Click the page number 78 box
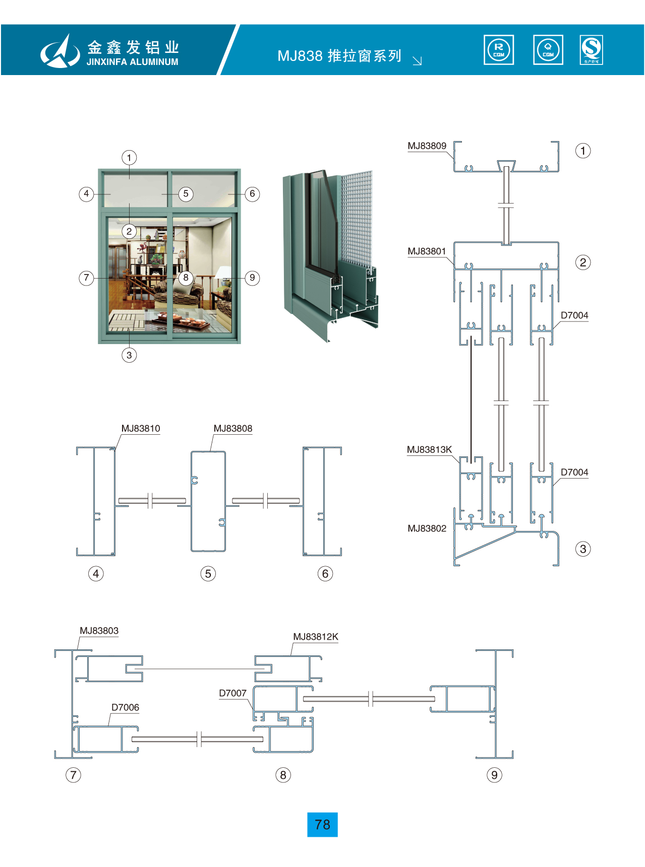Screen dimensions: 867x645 pyautogui.click(x=322, y=824)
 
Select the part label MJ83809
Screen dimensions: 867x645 pyautogui.click(x=427, y=146)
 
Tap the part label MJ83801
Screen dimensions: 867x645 pyautogui.click(x=427, y=251)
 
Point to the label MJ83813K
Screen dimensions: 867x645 pyautogui.click(x=429, y=449)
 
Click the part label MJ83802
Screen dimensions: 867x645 pyautogui.click(x=427, y=528)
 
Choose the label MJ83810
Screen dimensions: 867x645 pyautogui.click(x=141, y=429)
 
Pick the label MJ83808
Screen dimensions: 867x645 pyautogui.click(x=232, y=429)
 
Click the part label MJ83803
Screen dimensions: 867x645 pyautogui.click(x=99, y=631)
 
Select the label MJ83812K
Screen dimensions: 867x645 pyautogui.click(x=316, y=637)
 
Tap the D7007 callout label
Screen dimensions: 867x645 pyautogui.click(x=232, y=693)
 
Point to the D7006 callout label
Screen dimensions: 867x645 pyautogui.click(x=125, y=707)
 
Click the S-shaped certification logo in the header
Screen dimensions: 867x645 pyautogui.click(x=591, y=49)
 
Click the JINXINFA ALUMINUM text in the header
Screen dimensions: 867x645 pyautogui.click(x=132, y=62)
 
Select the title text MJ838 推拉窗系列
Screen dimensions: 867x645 pyautogui.click(x=339, y=56)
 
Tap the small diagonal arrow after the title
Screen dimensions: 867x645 pyautogui.click(x=417, y=61)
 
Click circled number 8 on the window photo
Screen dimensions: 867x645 pyautogui.click(x=186, y=278)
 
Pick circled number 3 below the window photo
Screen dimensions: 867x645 pyautogui.click(x=129, y=355)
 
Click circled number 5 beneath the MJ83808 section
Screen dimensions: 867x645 pyautogui.click(x=208, y=573)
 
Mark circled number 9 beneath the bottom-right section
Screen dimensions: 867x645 pyautogui.click(x=494, y=775)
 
